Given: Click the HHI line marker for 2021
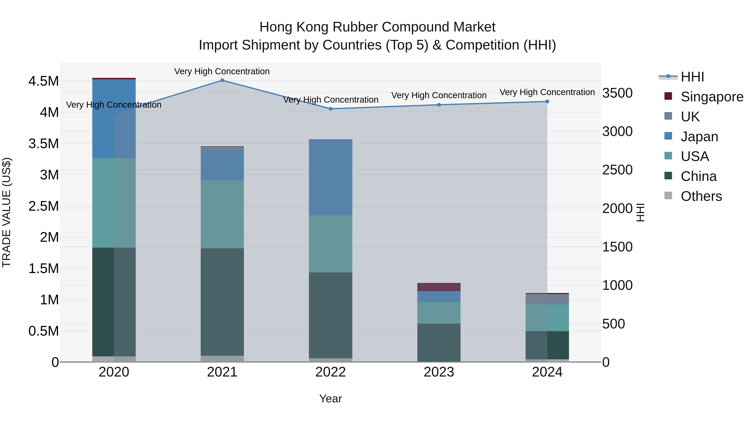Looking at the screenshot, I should pyautogui.click(x=222, y=80).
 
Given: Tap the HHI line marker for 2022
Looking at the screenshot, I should pyautogui.click(x=331, y=109).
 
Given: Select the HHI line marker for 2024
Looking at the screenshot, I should pyautogui.click(x=547, y=102).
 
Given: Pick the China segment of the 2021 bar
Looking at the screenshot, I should pyautogui.click(x=222, y=302).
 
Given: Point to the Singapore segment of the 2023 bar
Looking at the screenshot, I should pyautogui.click(x=439, y=287).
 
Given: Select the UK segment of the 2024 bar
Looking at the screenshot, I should pyautogui.click(x=547, y=299).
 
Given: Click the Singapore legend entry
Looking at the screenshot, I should pyautogui.click(x=712, y=97).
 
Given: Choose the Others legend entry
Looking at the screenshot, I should pyautogui.click(x=701, y=196).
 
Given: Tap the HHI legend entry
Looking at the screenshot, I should pyautogui.click(x=692, y=77).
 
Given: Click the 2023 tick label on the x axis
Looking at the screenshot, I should pyautogui.click(x=439, y=372).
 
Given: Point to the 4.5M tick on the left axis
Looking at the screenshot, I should pyautogui.click(x=44, y=81).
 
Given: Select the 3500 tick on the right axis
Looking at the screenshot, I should pyautogui.click(x=617, y=93).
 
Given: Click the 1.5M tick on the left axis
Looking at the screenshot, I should pyautogui.click(x=44, y=269).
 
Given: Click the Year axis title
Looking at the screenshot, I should pyautogui.click(x=331, y=399).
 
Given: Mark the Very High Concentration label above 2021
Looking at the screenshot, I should pyautogui.click(x=222, y=71).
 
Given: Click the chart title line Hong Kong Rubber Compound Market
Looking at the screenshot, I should pyautogui.click(x=377, y=27).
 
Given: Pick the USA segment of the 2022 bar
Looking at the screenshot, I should pyautogui.click(x=331, y=244).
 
